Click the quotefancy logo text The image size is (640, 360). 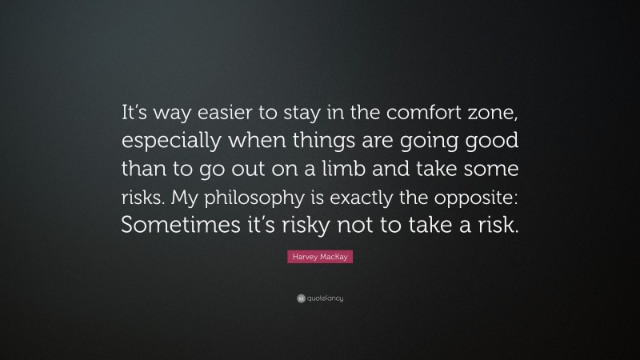pyautogui.click(x=324, y=298)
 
